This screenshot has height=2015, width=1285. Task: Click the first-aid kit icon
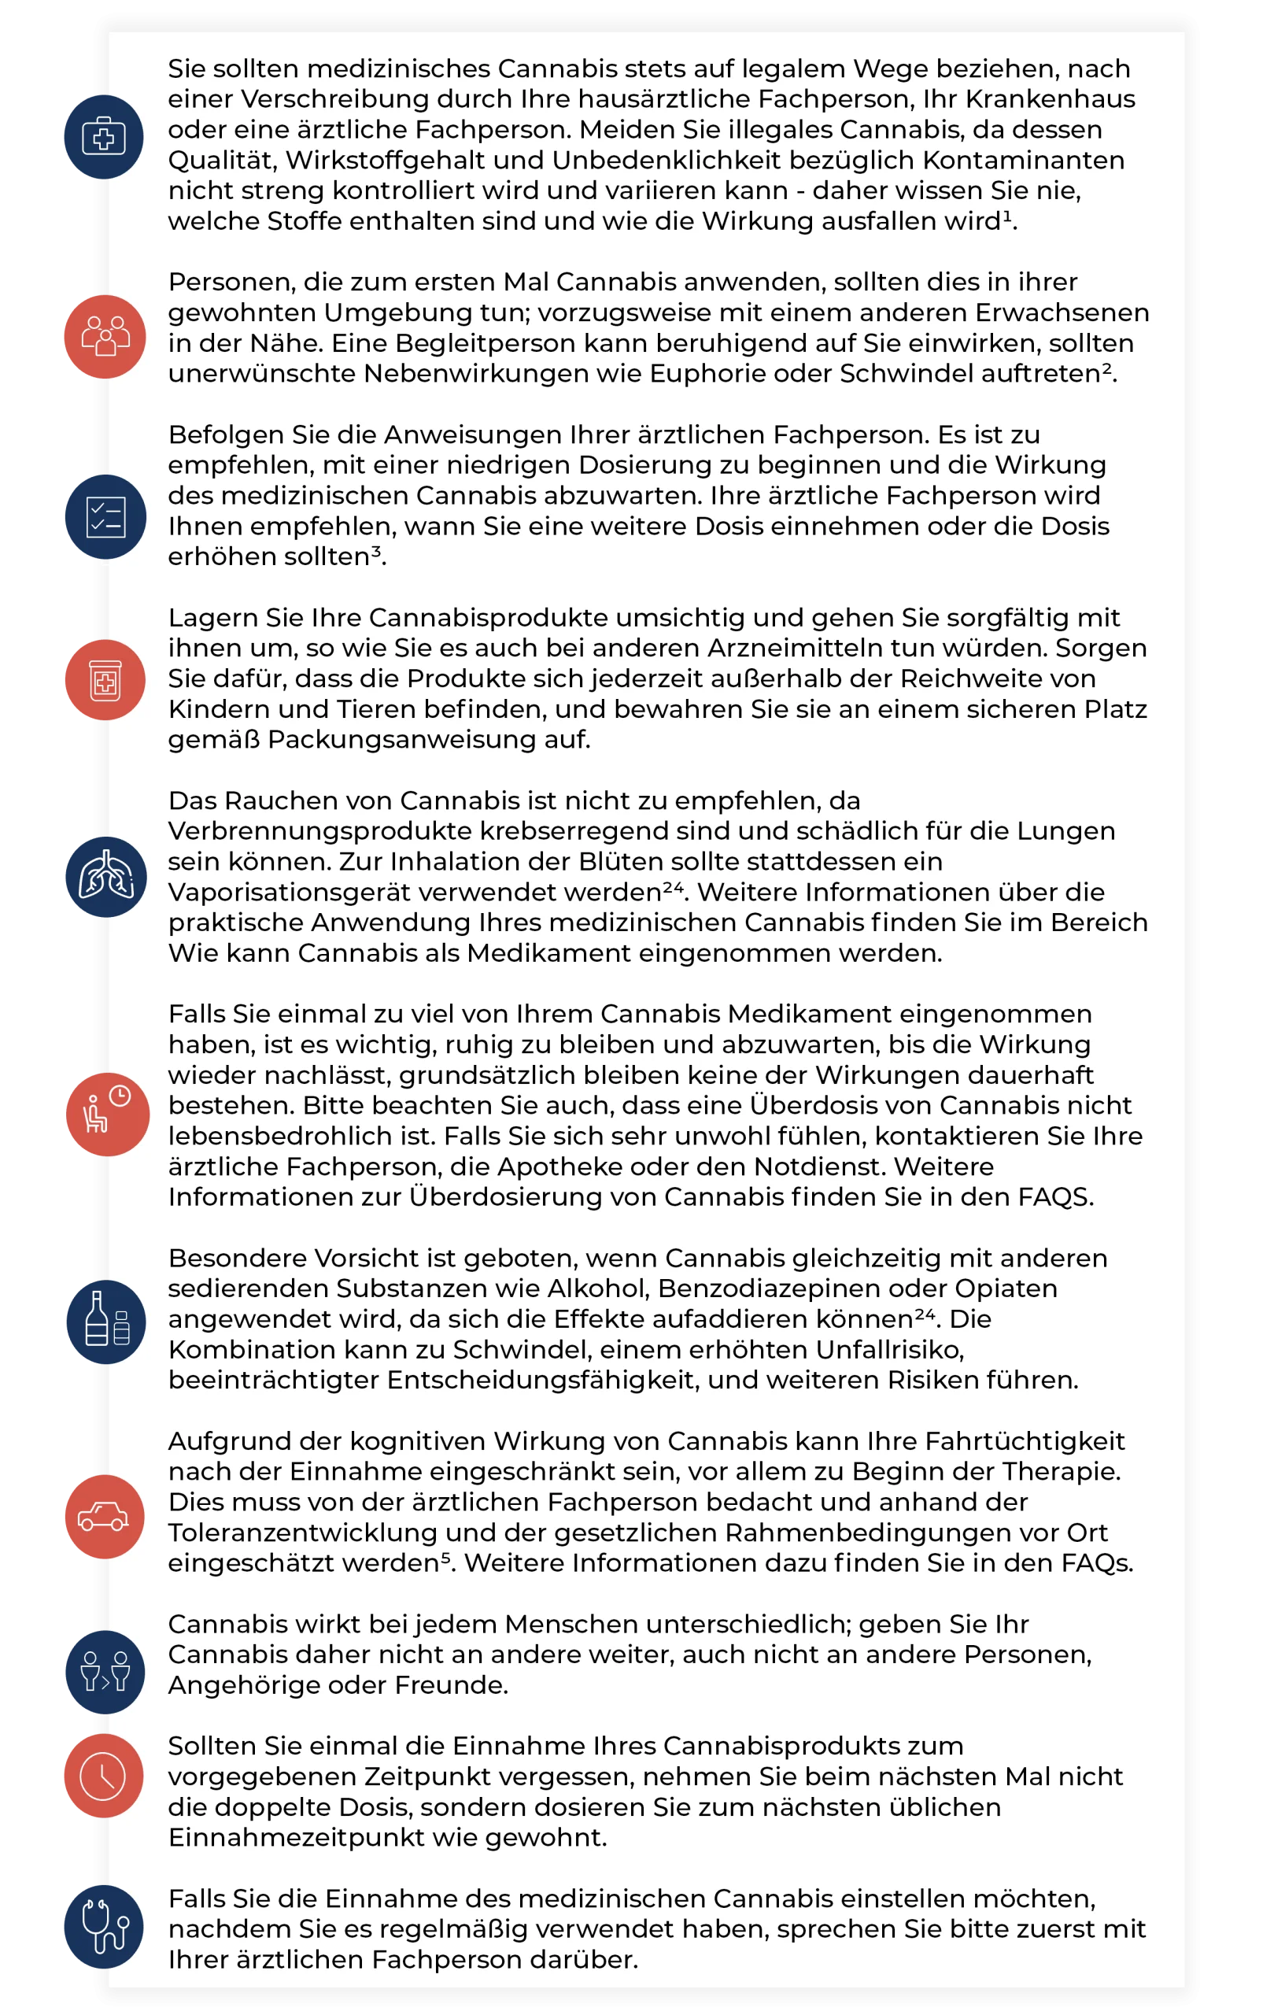click(x=104, y=136)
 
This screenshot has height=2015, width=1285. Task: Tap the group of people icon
click(x=105, y=336)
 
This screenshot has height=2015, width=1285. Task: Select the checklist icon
click(x=105, y=517)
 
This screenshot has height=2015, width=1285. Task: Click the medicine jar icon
click(x=105, y=679)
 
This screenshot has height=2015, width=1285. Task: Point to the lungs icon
click(x=105, y=877)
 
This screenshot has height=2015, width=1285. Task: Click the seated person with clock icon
click(x=106, y=1114)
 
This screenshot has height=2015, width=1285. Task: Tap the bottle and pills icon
click(x=105, y=1322)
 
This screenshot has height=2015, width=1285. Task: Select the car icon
click(x=104, y=1516)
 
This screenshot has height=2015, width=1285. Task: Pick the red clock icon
click(x=103, y=1776)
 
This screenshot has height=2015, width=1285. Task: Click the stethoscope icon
click(x=105, y=1926)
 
